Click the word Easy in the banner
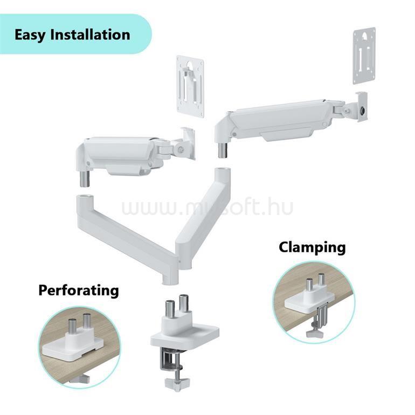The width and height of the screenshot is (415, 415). coord(30,35)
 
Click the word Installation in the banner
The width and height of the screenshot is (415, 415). coord(90,34)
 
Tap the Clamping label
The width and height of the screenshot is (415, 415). coord(312,248)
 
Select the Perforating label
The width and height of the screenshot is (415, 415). coord(79,290)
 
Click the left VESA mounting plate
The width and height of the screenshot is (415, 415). coord(190,86)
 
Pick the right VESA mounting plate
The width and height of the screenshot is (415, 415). coord(364,56)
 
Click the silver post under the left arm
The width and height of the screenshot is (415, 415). coord(85,179)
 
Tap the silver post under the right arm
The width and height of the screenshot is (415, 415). coord(223,150)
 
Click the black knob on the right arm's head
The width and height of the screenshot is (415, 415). coord(363,110)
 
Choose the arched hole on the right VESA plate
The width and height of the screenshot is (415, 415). coord(364,36)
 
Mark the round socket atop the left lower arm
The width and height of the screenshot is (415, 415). coord(85,197)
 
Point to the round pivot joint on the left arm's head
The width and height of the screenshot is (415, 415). coord(181,149)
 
